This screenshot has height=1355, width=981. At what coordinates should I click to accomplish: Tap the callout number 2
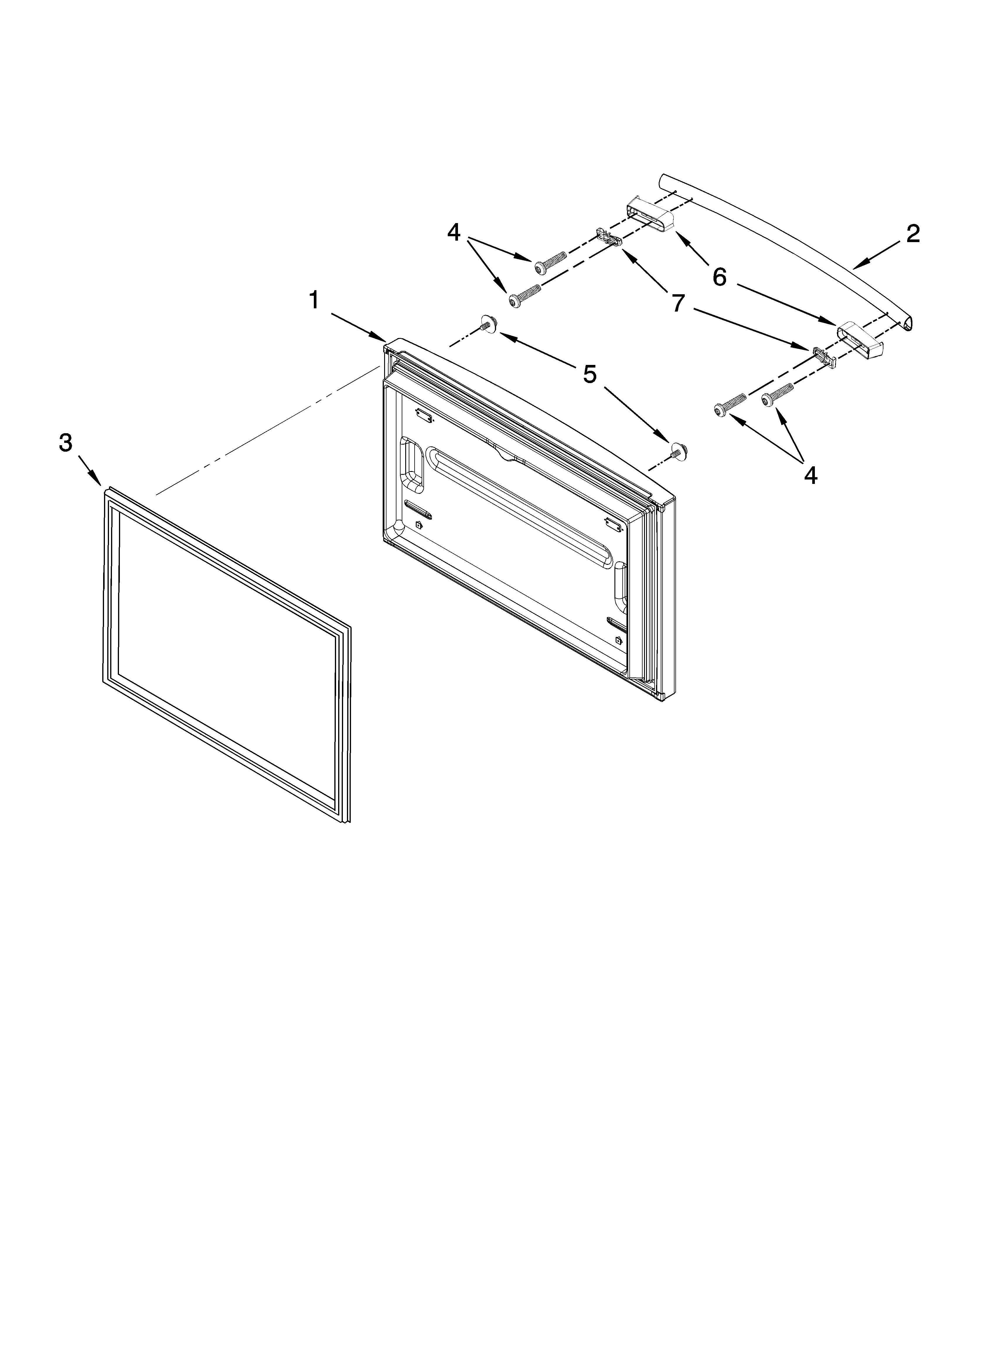click(912, 234)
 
